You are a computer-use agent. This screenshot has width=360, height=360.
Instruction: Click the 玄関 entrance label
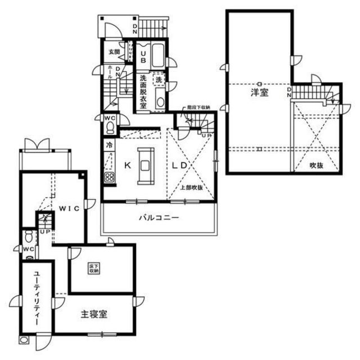[x=114, y=52]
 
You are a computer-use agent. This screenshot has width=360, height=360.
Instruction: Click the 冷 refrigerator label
[x=107, y=143]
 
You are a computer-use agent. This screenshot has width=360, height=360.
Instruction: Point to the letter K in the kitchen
[x=128, y=165]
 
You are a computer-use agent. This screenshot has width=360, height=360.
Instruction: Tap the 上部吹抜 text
[x=191, y=187]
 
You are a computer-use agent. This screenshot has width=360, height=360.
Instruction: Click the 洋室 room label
[x=259, y=93]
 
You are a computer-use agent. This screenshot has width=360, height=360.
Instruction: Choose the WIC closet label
[x=69, y=207]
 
